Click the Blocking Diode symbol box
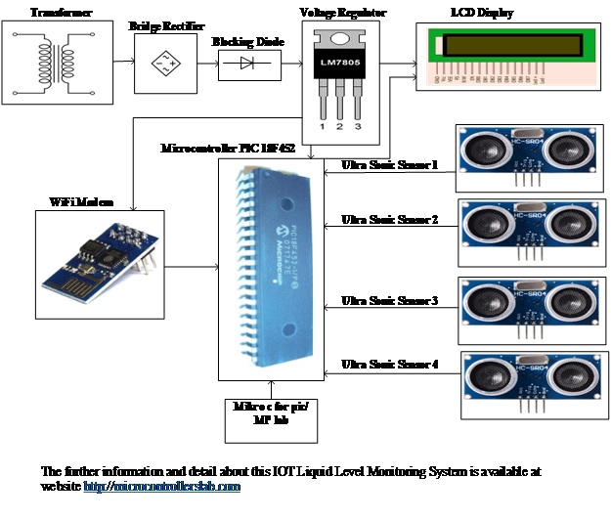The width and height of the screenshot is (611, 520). [246, 65]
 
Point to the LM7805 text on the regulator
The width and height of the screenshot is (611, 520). [338, 64]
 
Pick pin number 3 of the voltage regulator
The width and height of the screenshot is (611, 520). [359, 126]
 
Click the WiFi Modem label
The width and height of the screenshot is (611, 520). [80, 201]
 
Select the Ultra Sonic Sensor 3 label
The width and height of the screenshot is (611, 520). [389, 299]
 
